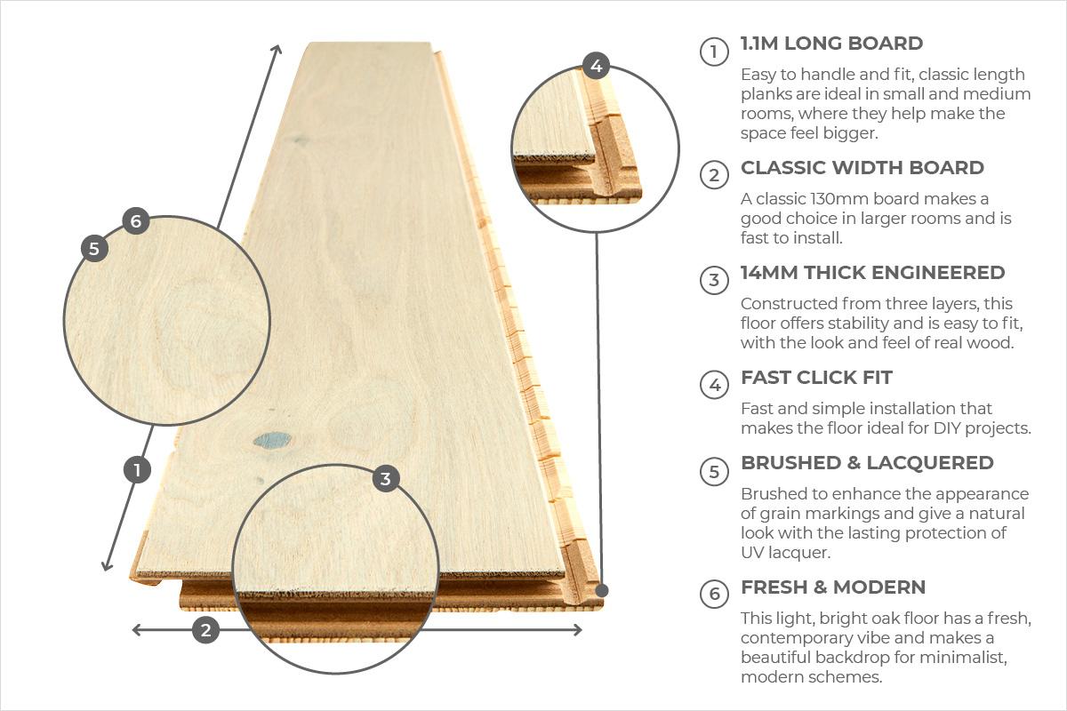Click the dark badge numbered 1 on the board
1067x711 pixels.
pyautogui.click(x=137, y=470)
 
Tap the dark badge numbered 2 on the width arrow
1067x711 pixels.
pyautogui.click(x=205, y=630)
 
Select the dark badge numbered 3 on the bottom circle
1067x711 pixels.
pyautogui.click(x=385, y=479)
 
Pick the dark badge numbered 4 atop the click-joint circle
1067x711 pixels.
pyautogui.click(x=596, y=66)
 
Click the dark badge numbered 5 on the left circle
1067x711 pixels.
pyautogui.click(x=94, y=248)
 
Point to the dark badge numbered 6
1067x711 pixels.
pyautogui.click(x=136, y=221)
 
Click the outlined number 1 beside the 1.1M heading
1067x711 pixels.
pyautogui.click(x=714, y=52)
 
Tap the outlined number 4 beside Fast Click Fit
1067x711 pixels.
pyautogui.click(x=714, y=385)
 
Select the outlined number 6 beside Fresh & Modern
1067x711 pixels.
pyautogui.click(x=714, y=594)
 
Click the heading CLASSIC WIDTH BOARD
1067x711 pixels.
pyautogui.click(x=862, y=168)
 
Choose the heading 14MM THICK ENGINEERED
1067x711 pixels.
pyautogui.click(x=872, y=272)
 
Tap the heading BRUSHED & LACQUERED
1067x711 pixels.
pyautogui.click(x=867, y=463)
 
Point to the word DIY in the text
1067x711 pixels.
pyautogui.click(x=946, y=428)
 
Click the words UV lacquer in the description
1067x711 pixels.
pyautogui.click(x=785, y=553)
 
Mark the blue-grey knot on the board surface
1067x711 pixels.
pyautogui.click(x=272, y=440)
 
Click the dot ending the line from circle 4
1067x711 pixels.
pyautogui.click(x=602, y=590)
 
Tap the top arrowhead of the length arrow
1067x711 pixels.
pyautogui.click(x=277, y=48)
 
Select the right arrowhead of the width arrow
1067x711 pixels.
pyautogui.click(x=578, y=630)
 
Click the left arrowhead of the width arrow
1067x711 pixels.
pyautogui.click(x=136, y=630)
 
